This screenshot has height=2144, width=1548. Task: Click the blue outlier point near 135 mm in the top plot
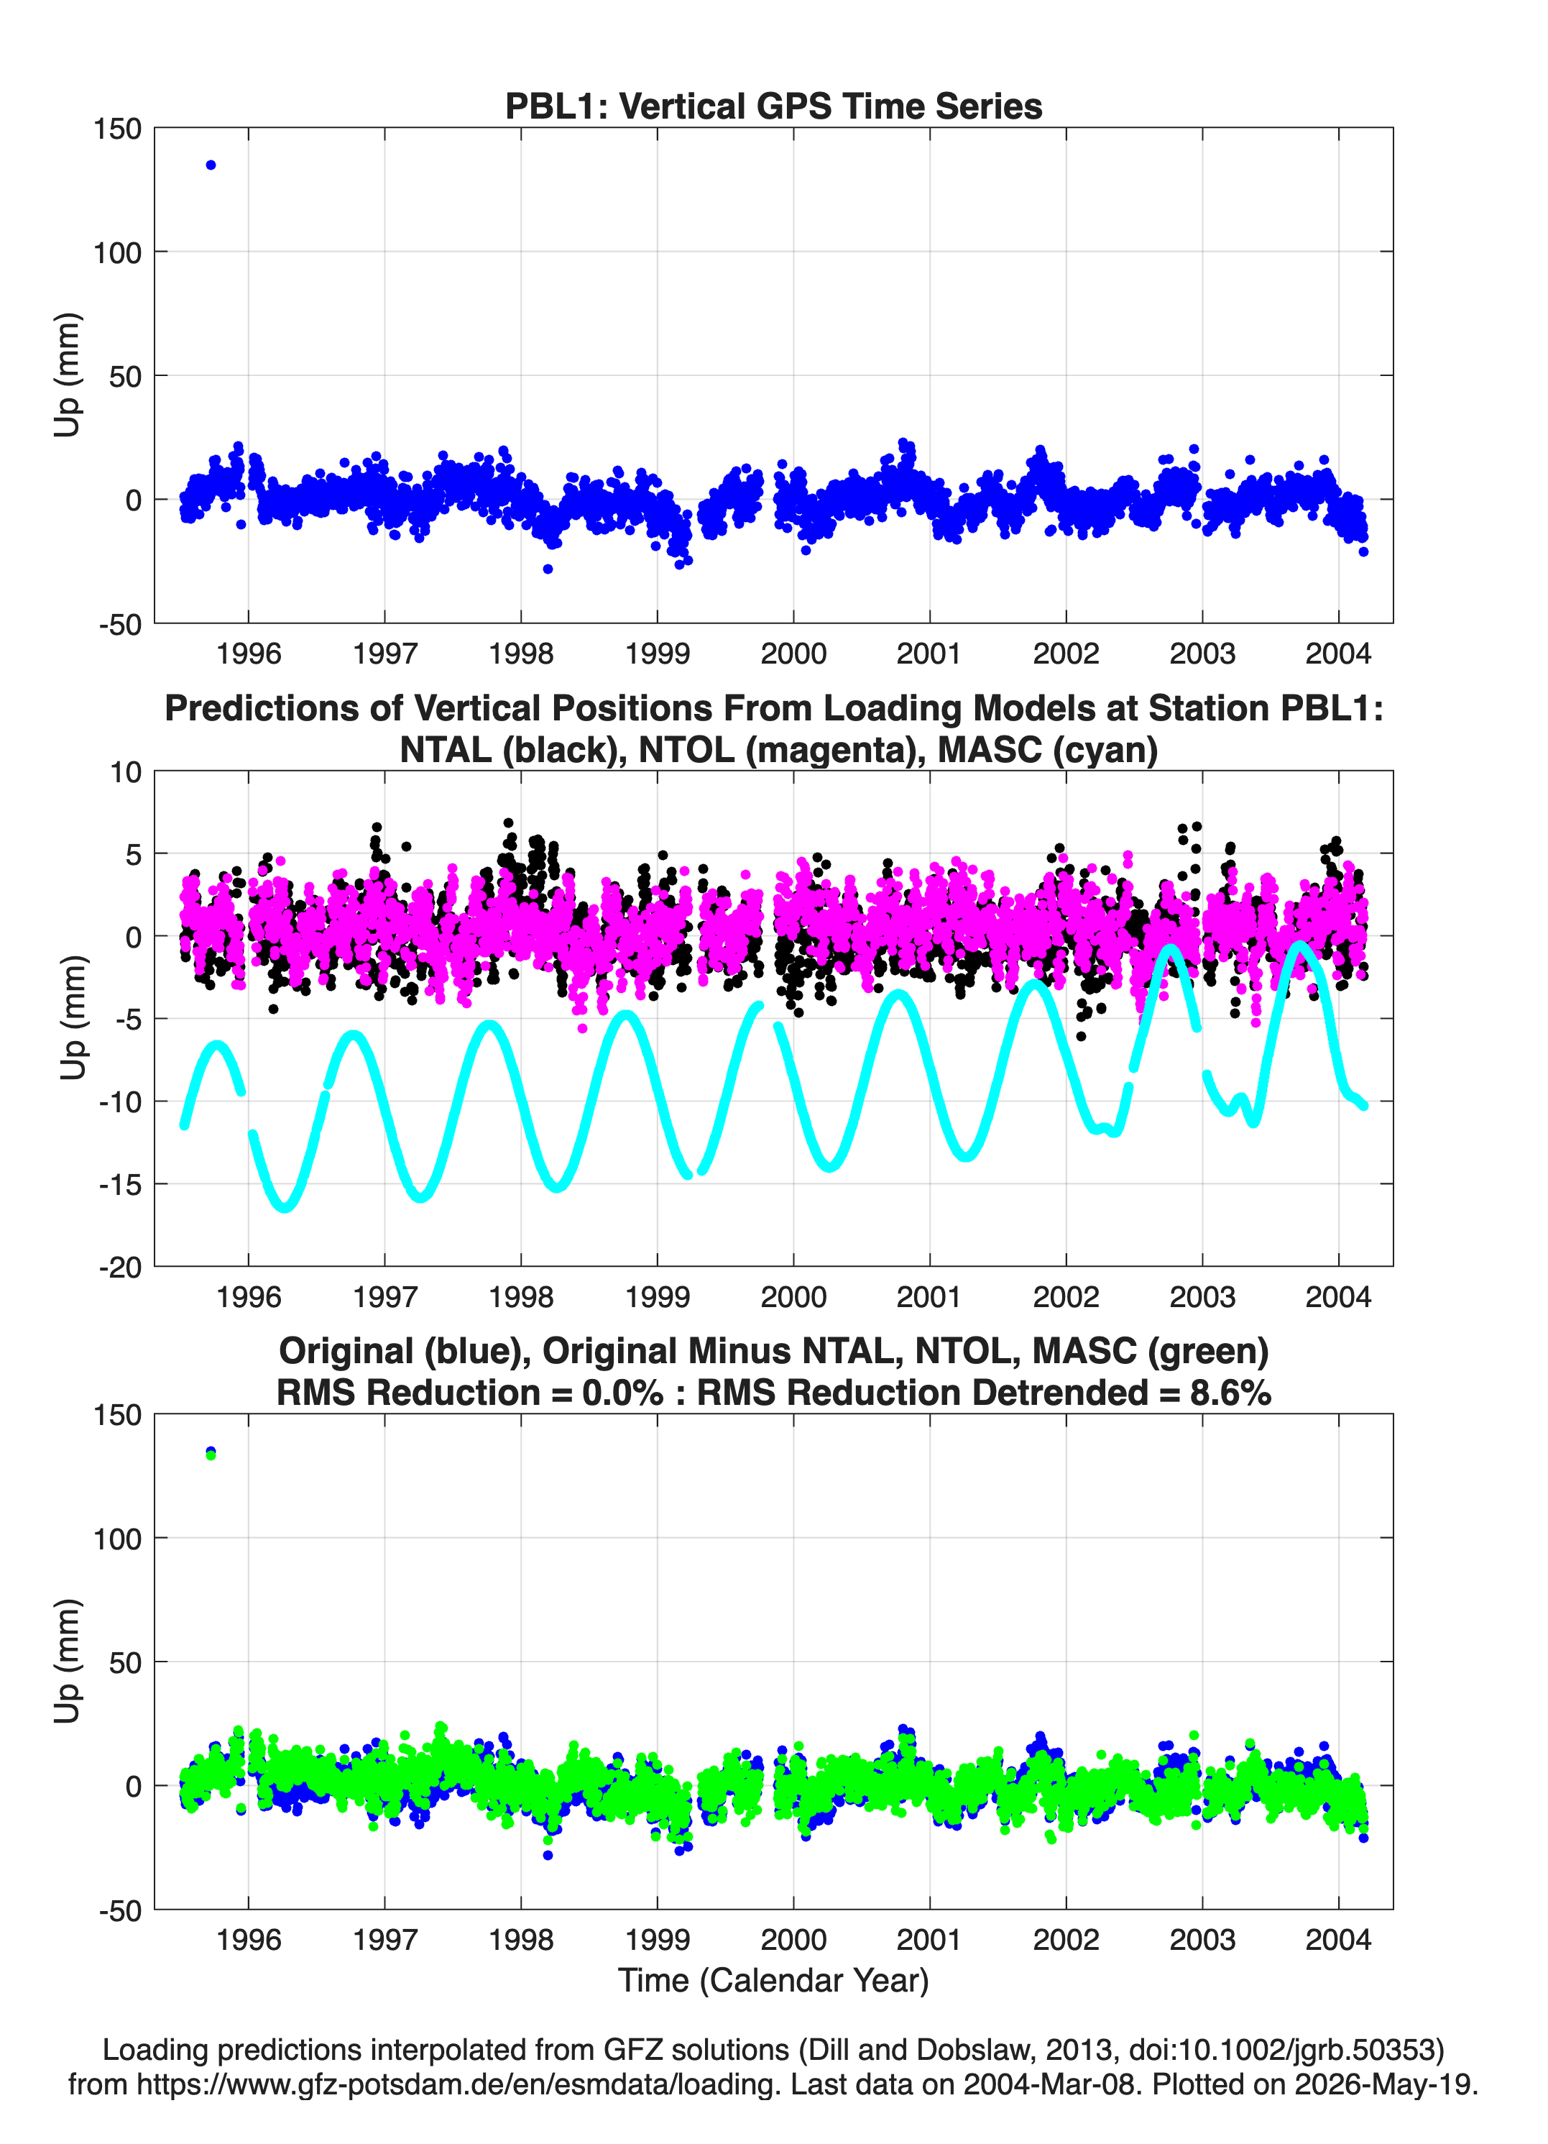pyautogui.click(x=211, y=165)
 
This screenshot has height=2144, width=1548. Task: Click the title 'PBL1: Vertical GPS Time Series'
pyautogui.click(x=773, y=106)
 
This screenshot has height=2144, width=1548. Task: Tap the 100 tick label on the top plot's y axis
pyautogui.click(x=117, y=252)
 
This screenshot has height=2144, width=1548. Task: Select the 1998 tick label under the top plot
pyautogui.click(x=521, y=654)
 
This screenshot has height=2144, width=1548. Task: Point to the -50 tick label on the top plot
pyautogui.click(x=120, y=625)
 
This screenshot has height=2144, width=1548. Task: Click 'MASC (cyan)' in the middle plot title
pyautogui.click(x=1048, y=750)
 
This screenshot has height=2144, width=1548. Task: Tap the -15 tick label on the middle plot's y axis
pyautogui.click(x=120, y=1184)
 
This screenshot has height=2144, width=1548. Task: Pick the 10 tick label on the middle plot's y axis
pyautogui.click(x=126, y=772)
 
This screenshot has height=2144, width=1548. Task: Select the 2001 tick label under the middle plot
pyautogui.click(x=929, y=1297)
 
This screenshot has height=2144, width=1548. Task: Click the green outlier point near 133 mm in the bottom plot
pyautogui.click(x=211, y=1455)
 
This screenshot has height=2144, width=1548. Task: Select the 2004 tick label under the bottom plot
pyautogui.click(x=1338, y=1940)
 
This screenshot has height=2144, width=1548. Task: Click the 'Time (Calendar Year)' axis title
pyautogui.click(x=773, y=1981)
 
